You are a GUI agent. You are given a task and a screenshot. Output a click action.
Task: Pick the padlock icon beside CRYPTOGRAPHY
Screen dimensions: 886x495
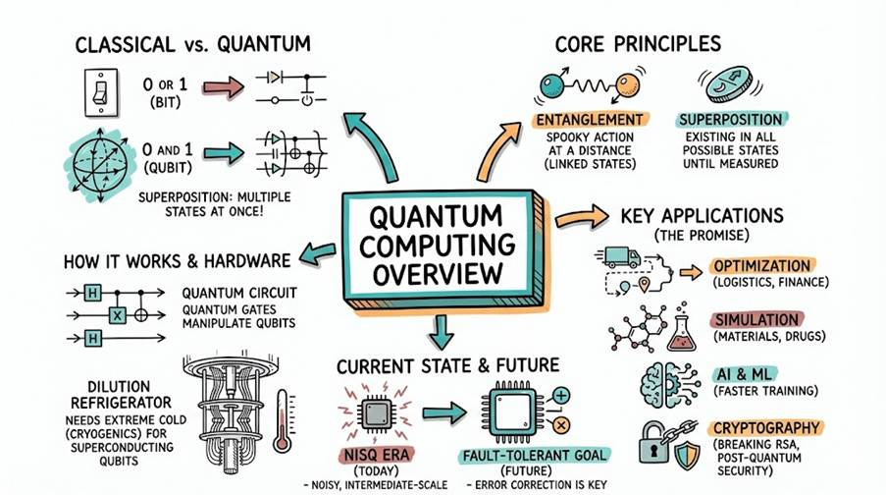(x=656, y=441)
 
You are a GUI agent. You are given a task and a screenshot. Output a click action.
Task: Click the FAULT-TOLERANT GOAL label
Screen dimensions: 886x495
(x=535, y=456)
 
